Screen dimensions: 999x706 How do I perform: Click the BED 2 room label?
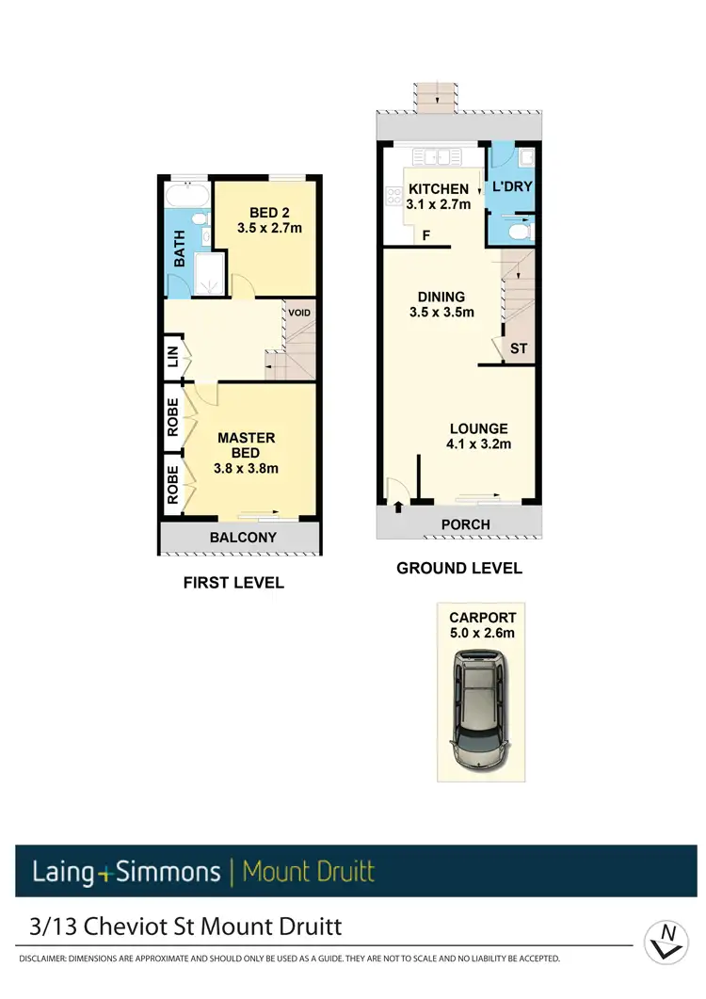point(264,213)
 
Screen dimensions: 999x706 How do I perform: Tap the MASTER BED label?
point(247,444)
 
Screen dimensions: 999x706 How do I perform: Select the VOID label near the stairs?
point(299,313)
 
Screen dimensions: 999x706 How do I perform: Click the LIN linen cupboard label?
point(172,357)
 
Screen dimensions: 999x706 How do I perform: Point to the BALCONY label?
point(243,538)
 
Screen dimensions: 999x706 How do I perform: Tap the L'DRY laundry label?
point(512,187)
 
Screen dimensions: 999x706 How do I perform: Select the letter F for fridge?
point(426,235)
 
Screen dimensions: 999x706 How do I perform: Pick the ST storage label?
point(519,348)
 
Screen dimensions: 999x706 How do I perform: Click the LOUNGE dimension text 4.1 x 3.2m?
point(479,444)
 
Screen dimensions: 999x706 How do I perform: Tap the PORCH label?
point(465,524)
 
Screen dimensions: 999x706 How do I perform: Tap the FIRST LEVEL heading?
point(233,583)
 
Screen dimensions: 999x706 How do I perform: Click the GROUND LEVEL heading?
point(458,568)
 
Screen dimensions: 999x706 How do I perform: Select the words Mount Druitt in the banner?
point(308,871)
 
